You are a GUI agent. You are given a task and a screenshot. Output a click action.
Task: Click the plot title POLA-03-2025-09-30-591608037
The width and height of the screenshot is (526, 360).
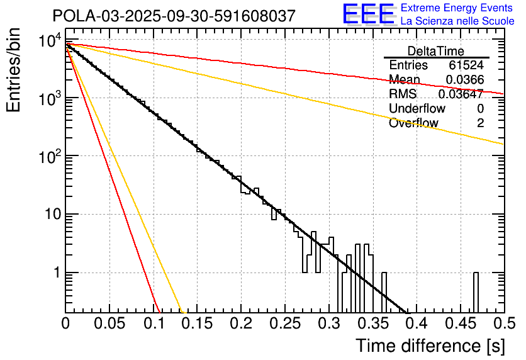[x=173, y=16]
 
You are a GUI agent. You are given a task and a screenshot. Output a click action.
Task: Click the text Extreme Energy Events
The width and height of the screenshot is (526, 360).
[x=457, y=8]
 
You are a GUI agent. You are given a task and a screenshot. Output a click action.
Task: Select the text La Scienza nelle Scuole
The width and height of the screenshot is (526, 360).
[x=457, y=21]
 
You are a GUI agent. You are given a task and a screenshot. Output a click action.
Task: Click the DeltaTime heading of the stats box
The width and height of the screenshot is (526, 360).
[x=436, y=51]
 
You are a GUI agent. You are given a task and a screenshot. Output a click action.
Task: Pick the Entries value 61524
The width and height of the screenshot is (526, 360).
[x=466, y=65]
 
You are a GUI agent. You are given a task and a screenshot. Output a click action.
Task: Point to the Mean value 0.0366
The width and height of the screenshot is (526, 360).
[x=464, y=79]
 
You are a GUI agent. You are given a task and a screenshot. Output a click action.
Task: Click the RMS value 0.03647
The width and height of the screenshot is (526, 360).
[x=461, y=94]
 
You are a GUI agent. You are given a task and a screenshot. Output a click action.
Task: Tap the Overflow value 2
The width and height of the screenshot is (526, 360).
[x=480, y=123]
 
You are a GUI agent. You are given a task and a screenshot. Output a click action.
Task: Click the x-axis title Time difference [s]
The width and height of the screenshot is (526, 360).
[x=430, y=346]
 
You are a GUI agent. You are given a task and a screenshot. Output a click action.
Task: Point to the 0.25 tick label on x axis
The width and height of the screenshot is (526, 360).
[x=284, y=324]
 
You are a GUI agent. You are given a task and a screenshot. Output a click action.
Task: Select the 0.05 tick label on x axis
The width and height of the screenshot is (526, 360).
[x=109, y=324]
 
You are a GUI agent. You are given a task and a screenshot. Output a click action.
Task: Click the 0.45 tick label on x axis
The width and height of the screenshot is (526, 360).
[x=460, y=324]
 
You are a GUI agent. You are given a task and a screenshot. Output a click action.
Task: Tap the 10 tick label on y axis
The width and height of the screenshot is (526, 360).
[x=50, y=215]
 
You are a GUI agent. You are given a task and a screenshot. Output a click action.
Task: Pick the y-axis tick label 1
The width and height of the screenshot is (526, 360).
[x=55, y=273]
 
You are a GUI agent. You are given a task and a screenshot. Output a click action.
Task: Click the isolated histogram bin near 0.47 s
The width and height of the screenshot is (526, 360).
[x=476, y=292]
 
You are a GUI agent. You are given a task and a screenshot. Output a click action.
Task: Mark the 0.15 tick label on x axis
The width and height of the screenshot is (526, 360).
[x=197, y=324]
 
